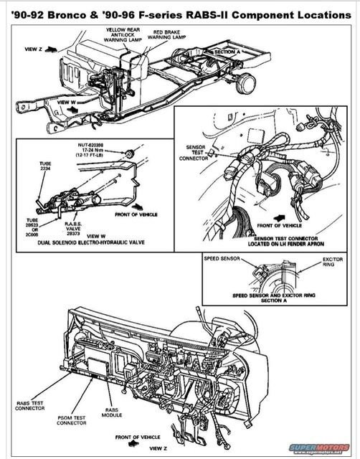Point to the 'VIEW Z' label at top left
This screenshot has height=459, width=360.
(x=34, y=50)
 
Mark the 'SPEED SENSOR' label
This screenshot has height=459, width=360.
(x=220, y=257)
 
